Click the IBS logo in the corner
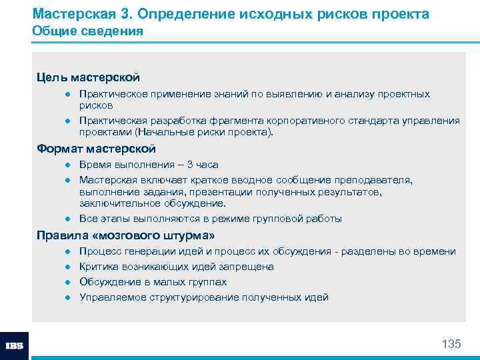[x=14, y=346]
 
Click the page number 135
[x=451, y=344]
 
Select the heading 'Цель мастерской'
[x=88, y=77]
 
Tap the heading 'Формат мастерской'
[x=96, y=148]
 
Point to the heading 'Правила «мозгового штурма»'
[x=125, y=235]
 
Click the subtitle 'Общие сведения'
[x=87, y=31]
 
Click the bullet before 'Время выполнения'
[x=67, y=165]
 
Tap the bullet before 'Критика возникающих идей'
[x=67, y=267]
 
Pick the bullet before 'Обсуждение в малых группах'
[x=67, y=282]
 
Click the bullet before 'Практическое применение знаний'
[x=67, y=95]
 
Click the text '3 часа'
[x=201, y=165]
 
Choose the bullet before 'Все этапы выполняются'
[x=67, y=219]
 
